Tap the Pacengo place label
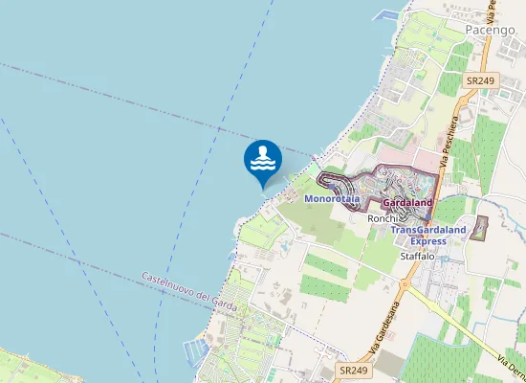[491, 30]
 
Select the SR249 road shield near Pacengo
[478, 82]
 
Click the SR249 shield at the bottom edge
[353, 370]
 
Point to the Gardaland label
[407, 203]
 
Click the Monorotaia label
[332, 198]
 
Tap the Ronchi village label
[381, 218]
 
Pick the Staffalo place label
[417, 257]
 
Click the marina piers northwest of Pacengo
[387, 14]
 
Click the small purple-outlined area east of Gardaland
[481, 228]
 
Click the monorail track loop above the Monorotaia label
[334, 179]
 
